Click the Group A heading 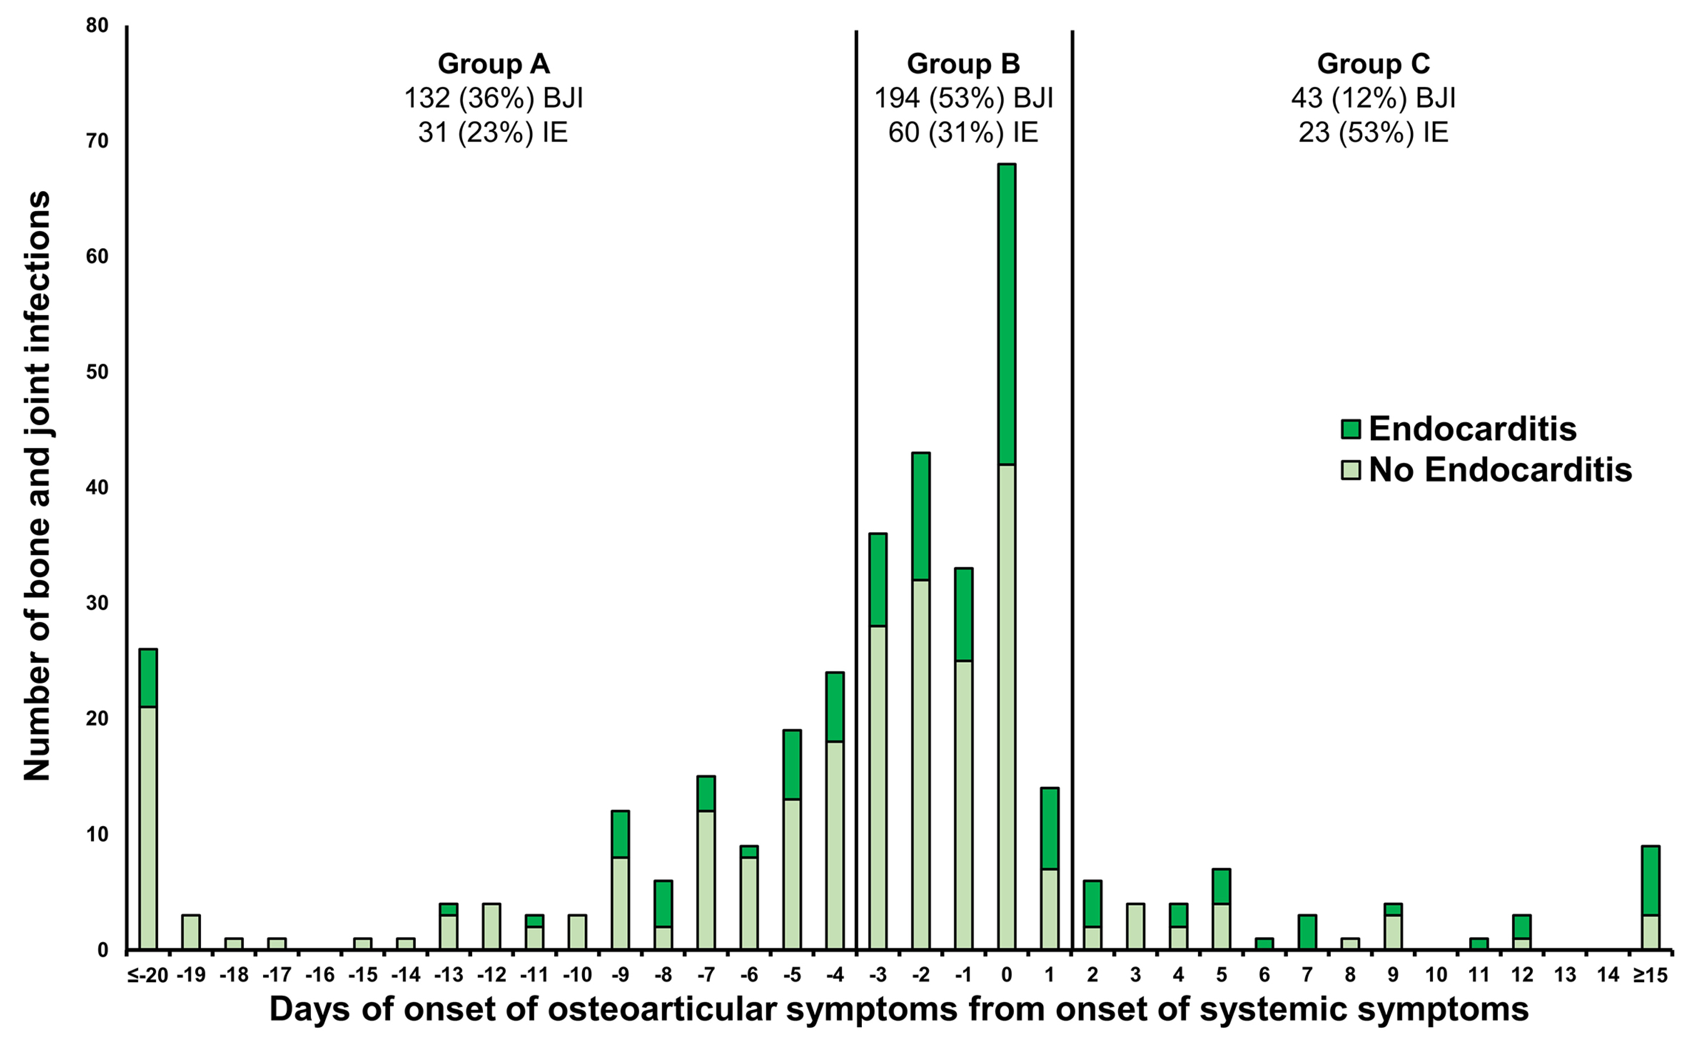[x=493, y=64]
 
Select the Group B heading [x=963, y=64]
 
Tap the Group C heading [x=1373, y=64]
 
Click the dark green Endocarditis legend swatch [x=1350, y=429]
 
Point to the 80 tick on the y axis [x=97, y=25]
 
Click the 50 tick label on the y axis [x=97, y=372]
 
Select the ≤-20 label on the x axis [x=147, y=975]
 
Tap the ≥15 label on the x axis [x=1650, y=975]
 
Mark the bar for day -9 [x=620, y=880]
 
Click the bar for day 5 [x=1221, y=909]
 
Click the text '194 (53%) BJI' [x=963, y=99]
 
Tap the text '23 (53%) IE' [x=1373, y=132]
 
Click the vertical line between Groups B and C [x=1072, y=483]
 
